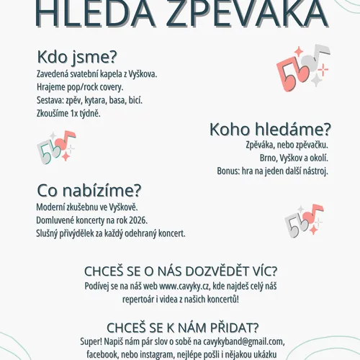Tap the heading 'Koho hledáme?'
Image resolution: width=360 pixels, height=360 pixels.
click(270, 130)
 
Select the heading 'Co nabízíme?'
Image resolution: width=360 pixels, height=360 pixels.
click(89, 191)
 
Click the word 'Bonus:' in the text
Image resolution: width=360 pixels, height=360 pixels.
click(230, 171)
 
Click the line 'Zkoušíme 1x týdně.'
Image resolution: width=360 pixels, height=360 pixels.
click(68, 113)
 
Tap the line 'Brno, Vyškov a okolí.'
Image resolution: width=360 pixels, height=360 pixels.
click(294, 158)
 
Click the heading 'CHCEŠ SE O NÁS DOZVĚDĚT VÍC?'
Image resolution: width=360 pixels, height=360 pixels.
click(180, 271)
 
